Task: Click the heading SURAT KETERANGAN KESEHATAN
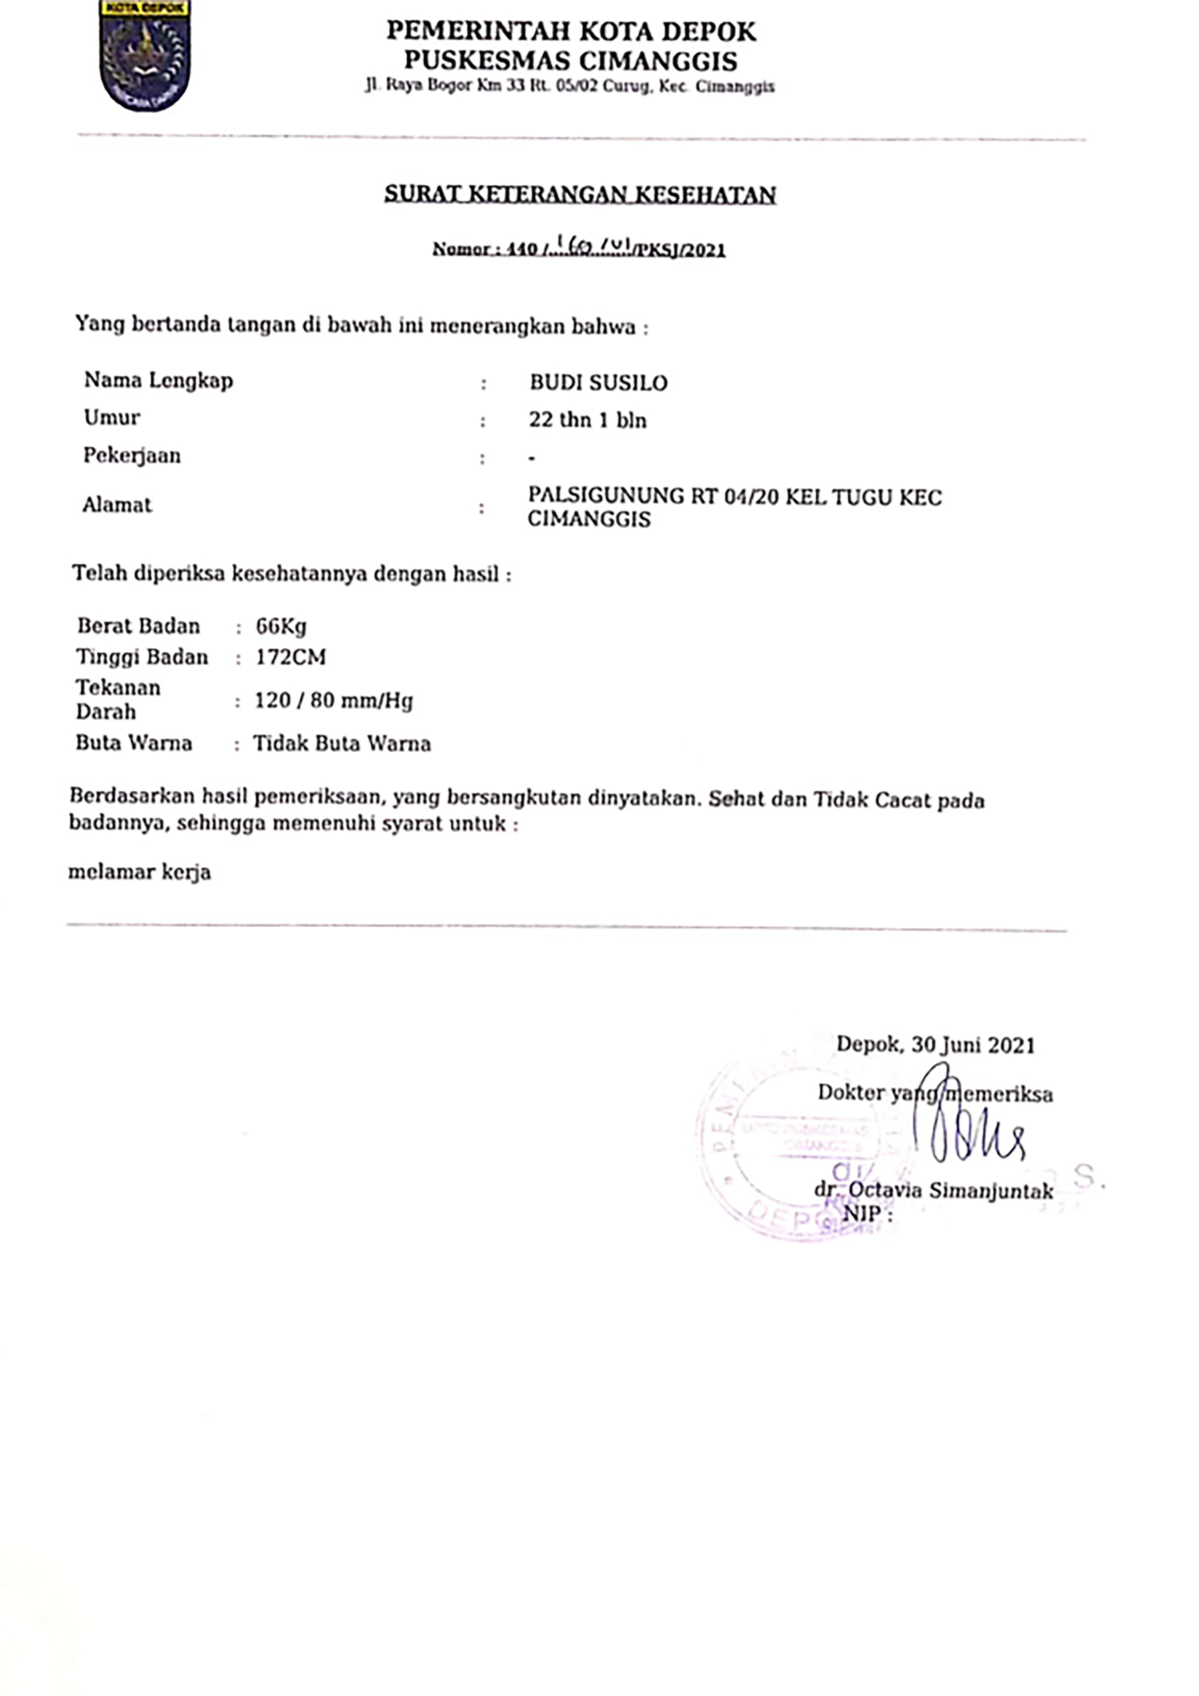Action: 580,194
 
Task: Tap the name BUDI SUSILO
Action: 598,382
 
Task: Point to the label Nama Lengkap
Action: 158,380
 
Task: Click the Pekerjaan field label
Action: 132,456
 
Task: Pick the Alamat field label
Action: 117,505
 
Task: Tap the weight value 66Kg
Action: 281,627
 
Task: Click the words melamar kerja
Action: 140,872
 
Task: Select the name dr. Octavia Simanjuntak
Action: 934,1190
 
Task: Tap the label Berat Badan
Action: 138,627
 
